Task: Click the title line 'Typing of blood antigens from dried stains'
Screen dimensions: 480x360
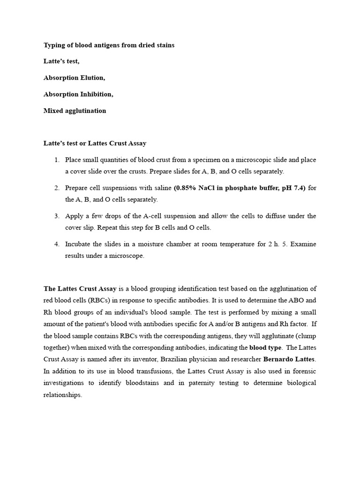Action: (x=109, y=45)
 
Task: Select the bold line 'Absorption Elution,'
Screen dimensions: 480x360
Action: (x=74, y=78)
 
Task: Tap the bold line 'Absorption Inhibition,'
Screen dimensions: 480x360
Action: (x=78, y=94)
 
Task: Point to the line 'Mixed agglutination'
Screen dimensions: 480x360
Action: (x=75, y=111)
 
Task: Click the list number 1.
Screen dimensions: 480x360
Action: (x=56, y=160)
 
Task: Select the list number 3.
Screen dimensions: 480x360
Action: (x=56, y=216)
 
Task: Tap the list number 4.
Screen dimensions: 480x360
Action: (x=56, y=244)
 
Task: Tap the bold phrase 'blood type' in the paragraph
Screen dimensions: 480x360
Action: (x=265, y=348)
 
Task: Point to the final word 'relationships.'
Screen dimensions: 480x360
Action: (x=63, y=395)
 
